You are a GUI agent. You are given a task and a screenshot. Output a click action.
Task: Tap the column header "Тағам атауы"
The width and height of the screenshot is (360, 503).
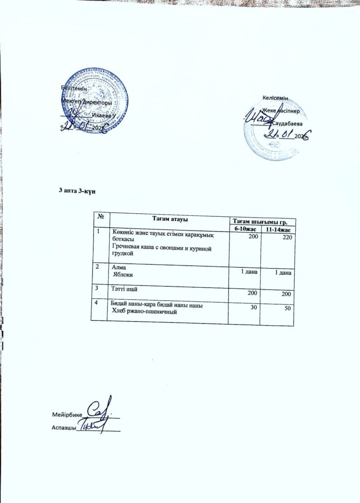coord(170,218)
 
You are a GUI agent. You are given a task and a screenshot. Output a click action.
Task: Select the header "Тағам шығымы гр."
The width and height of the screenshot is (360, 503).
coord(263,222)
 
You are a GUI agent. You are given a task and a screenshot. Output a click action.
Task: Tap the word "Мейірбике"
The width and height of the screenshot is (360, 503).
coord(67,415)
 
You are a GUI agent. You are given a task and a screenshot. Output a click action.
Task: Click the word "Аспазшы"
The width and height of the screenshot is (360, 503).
coord(63,427)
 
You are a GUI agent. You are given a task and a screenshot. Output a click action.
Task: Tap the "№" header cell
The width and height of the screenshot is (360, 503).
coord(101,216)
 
